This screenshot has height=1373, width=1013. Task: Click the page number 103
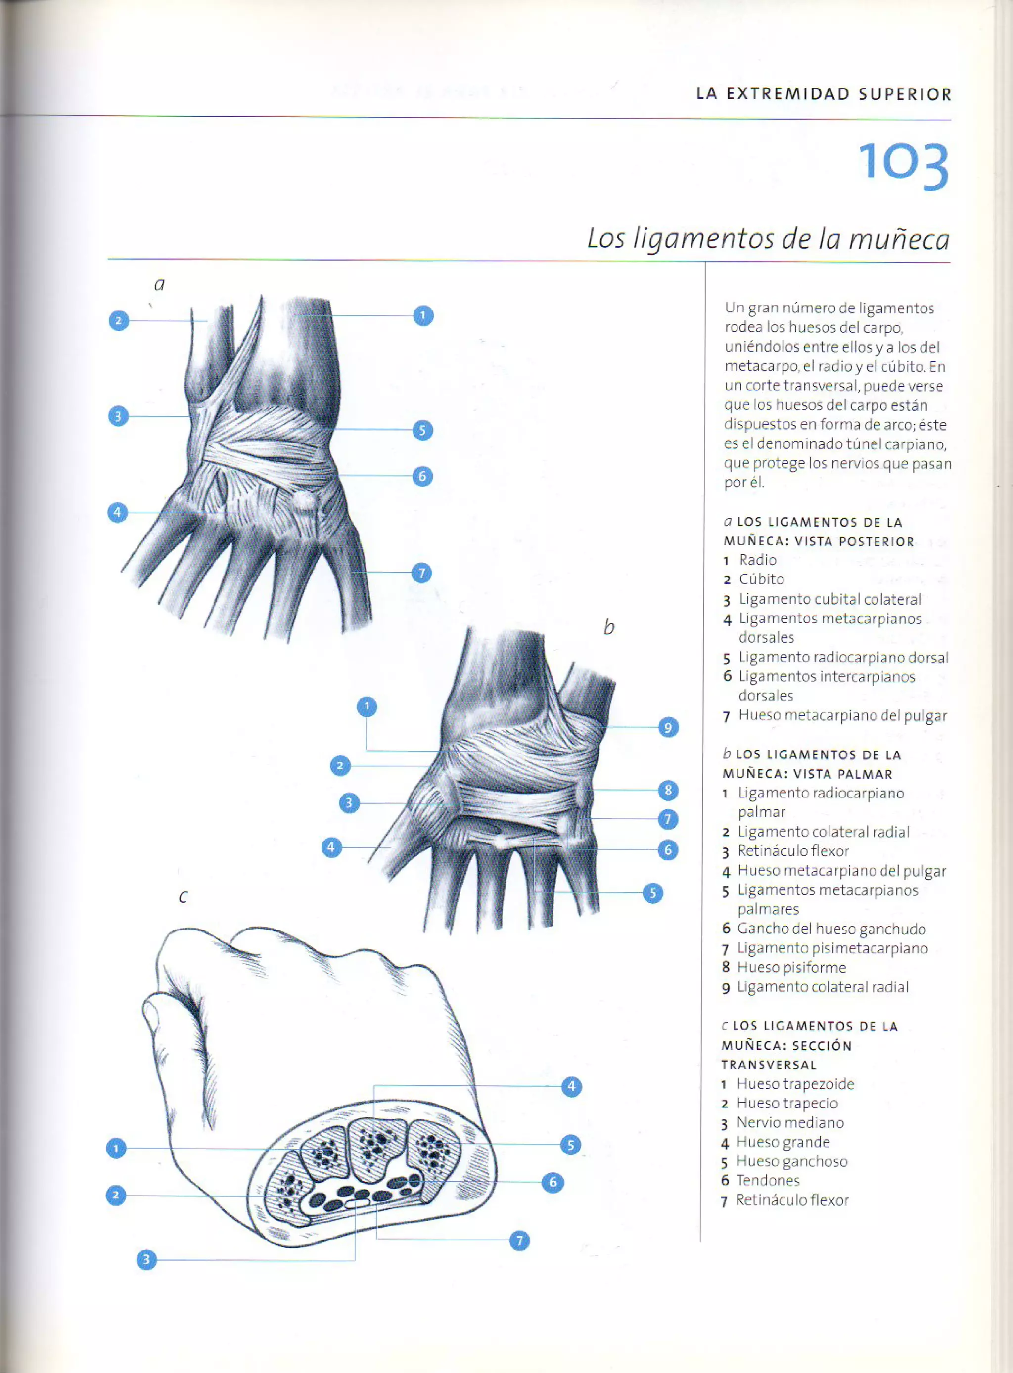click(903, 164)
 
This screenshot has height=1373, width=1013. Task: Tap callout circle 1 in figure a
click(422, 315)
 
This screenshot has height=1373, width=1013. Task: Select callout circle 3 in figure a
click(118, 416)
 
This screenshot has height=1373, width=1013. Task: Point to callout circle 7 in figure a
click(421, 573)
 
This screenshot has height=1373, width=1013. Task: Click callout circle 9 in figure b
click(668, 728)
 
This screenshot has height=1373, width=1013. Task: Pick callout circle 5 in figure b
click(652, 893)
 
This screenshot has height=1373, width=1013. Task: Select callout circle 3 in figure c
click(146, 1260)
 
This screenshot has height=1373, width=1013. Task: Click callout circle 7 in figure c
click(519, 1241)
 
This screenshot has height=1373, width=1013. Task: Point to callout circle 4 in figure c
click(571, 1087)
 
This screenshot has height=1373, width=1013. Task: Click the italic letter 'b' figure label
click(608, 627)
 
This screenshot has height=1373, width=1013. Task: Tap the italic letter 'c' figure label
click(182, 897)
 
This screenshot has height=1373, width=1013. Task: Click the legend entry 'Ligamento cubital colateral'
click(829, 599)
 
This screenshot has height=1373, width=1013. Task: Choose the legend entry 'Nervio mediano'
click(790, 1122)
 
